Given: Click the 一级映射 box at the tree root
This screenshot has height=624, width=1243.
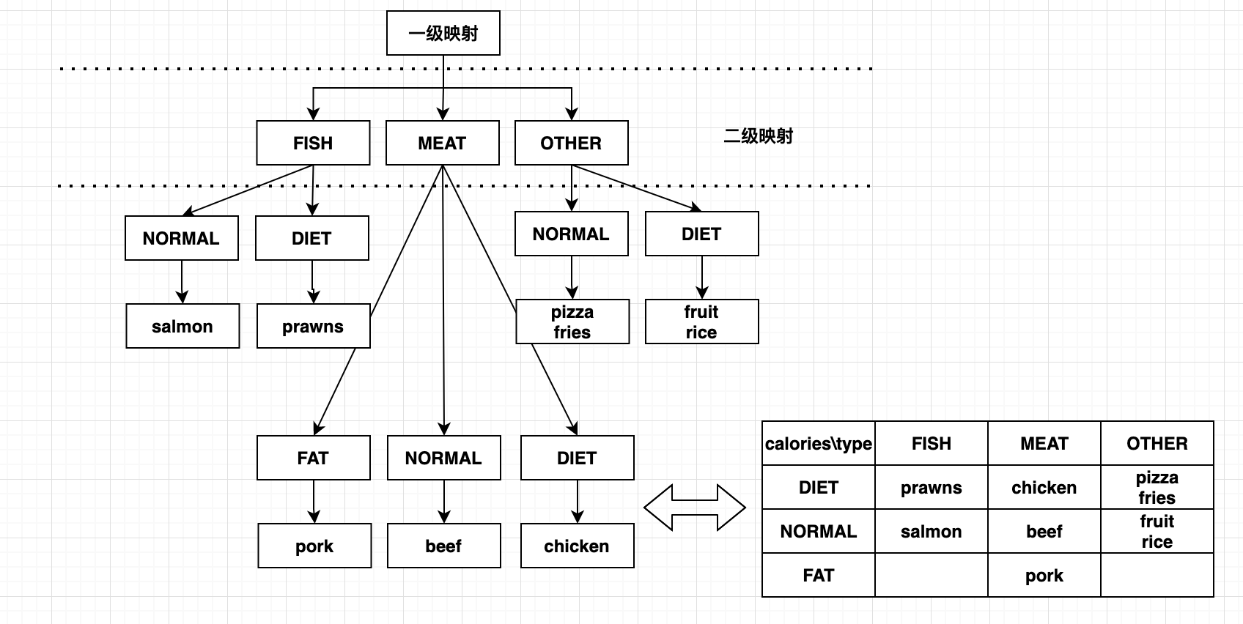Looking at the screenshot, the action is (x=443, y=33).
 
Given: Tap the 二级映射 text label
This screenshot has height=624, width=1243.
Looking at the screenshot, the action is (x=758, y=136).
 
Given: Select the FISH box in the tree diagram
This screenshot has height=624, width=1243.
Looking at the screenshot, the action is (x=313, y=143).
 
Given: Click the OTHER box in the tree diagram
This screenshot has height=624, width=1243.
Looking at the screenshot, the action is (x=571, y=143).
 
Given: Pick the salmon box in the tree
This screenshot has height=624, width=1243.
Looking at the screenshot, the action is (x=182, y=326).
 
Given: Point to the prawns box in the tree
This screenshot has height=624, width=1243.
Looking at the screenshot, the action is (x=313, y=326).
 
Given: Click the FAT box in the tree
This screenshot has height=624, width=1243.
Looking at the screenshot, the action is (x=313, y=458).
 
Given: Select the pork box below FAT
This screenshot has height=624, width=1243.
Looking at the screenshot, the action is (x=314, y=545).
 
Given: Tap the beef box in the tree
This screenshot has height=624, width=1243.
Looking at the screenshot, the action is (x=443, y=545).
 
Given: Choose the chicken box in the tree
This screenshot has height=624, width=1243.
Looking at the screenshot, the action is (x=577, y=545).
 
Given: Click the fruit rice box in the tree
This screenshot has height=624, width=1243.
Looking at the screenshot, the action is (x=701, y=322).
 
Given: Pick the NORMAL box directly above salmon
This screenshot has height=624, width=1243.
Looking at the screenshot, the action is (x=182, y=238).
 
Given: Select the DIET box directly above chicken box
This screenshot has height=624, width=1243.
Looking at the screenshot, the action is (x=577, y=458).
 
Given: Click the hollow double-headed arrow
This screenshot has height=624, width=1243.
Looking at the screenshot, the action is (x=694, y=507).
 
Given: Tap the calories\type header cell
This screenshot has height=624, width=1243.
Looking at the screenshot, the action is (x=819, y=443).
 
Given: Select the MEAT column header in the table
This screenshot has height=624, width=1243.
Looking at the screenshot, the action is (x=1044, y=443).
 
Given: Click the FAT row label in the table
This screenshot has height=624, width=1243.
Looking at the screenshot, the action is (x=819, y=575).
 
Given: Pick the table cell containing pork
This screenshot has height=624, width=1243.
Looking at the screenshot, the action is (x=1044, y=575).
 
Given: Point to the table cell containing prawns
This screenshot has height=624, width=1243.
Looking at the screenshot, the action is (x=931, y=487).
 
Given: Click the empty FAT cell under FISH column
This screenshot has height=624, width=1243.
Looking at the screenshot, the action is (x=931, y=575).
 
